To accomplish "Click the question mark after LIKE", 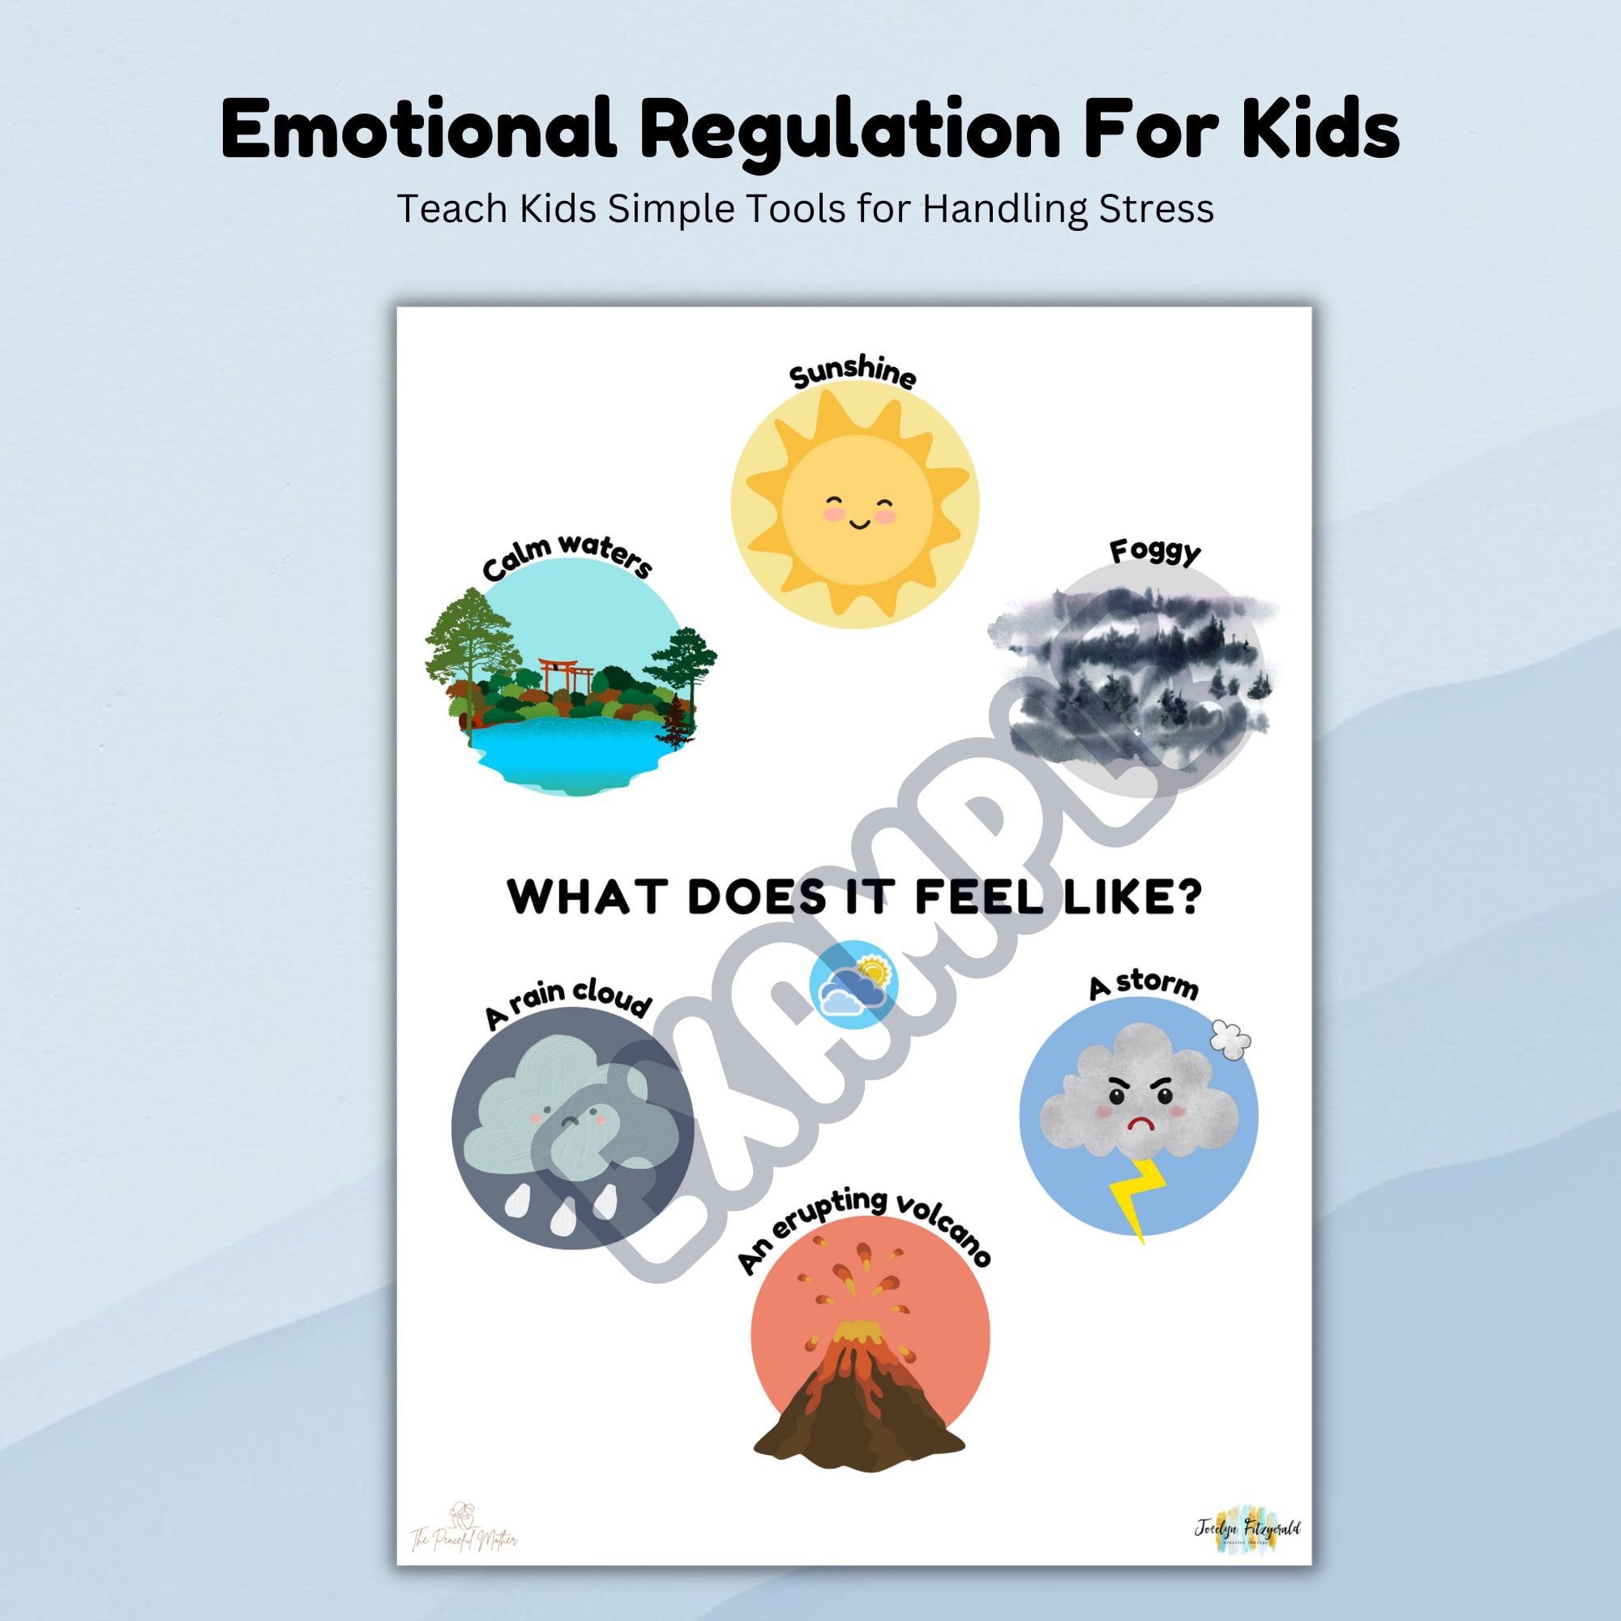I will pyautogui.click(x=1187, y=898).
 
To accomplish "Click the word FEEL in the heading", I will pyautogui.click(x=967, y=898).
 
